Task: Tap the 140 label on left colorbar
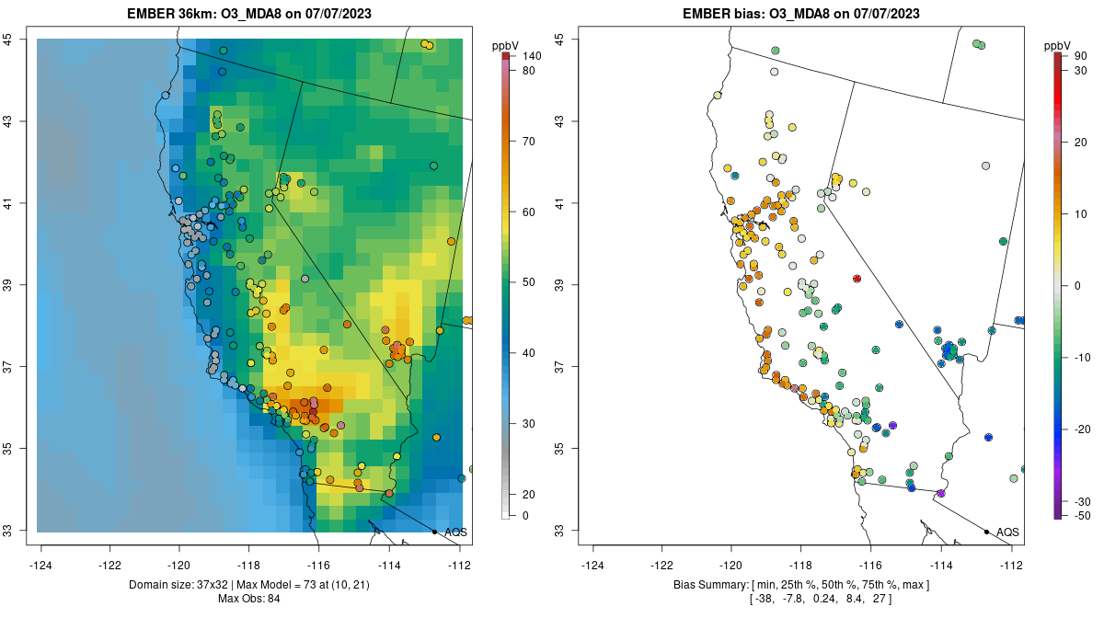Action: (x=532, y=57)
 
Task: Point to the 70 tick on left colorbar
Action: (x=529, y=142)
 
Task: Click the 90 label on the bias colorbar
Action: (x=1081, y=57)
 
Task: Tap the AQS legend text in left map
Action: (x=455, y=532)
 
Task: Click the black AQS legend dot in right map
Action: (x=986, y=532)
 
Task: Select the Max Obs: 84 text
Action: (x=248, y=599)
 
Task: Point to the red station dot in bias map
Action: (x=857, y=278)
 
